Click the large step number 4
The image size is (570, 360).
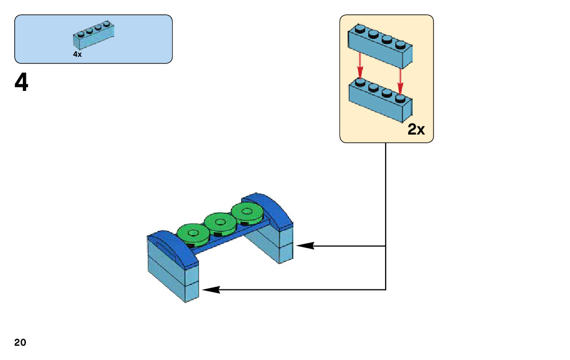(21, 82)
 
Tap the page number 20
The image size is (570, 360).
(20, 342)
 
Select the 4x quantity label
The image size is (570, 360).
(77, 54)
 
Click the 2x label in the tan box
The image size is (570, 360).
(416, 130)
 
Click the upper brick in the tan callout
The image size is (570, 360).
(380, 47)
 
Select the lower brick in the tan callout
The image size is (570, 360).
(380, 101)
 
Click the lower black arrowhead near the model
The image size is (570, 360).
(211, 290)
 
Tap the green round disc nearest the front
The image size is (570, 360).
(193, 234)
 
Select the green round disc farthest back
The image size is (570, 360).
(247, 211)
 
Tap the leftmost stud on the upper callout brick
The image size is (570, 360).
(359, 28)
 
